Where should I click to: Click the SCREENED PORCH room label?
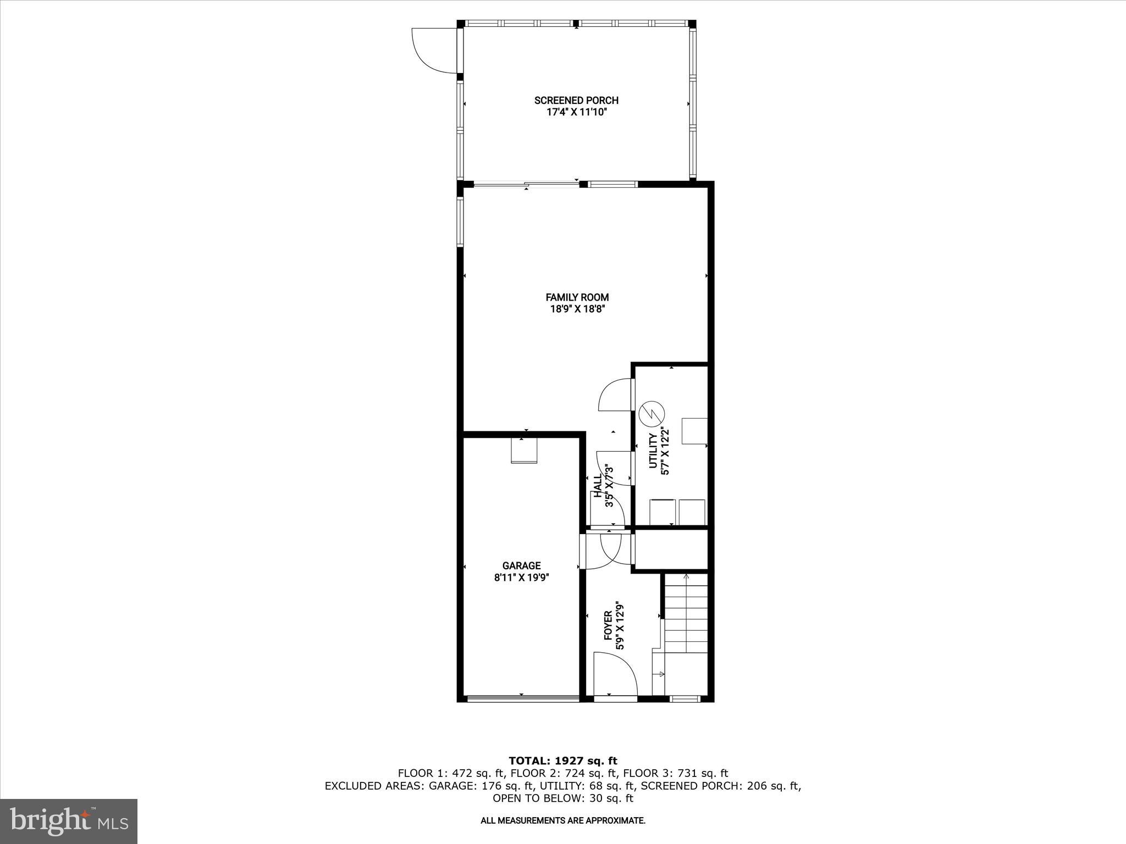pos(576,100)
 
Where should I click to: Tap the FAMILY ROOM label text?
pos(577,297)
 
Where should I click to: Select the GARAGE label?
pos(521,565)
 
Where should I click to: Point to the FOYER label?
pos(608,625)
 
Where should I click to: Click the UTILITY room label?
pos(653,451)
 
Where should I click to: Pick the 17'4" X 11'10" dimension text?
pos(576,113)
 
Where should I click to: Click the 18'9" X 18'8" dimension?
pos(577,309)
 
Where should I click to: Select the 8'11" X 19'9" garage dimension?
pos(521,578)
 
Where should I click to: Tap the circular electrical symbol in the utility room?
pos(652,414)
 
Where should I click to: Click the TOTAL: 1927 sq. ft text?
pos(563,760)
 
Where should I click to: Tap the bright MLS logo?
pos(69,821)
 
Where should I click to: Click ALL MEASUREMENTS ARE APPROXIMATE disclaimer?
pos(563,821)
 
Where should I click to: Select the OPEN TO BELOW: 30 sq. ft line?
pos(563,798)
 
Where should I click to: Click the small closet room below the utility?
pos(671,549)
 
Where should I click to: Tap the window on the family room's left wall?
pos(460,221)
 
